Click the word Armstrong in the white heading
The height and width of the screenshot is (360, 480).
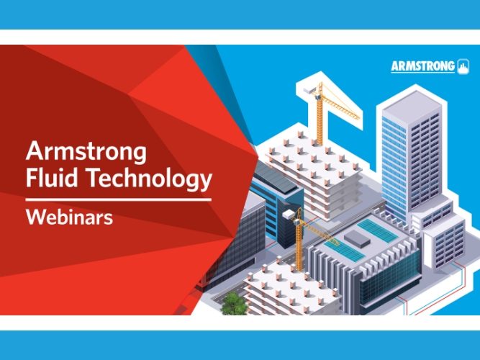click(86, 152)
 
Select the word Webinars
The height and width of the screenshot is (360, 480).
click(69, 217)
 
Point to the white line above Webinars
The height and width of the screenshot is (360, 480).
click(119, 198)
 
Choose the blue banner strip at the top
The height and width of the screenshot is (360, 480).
click(240, 14)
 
